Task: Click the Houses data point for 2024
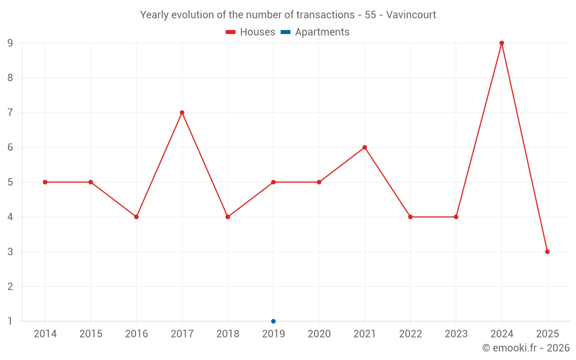coord(502,43)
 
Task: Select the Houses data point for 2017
coord(182,112)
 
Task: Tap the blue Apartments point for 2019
coord(274,321)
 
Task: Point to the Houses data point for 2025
coord(547,252)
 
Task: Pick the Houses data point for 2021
coord(365,147)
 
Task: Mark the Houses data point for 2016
coord(137,217)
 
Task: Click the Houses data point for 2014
coord(45,182)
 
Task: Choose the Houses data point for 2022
coord(410,217)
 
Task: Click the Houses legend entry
coord(251,32)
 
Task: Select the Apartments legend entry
coord(316,32)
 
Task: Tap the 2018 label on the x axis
coord(228,334)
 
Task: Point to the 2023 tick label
coord(456,334)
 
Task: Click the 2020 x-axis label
coord(319,334)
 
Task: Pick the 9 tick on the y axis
coord(10,43)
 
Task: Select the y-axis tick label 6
coord(10,147)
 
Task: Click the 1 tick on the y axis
coord(10,321)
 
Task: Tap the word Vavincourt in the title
coord(411,14)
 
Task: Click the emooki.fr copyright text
coord(525,348)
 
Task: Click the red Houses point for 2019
coord(274,182)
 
